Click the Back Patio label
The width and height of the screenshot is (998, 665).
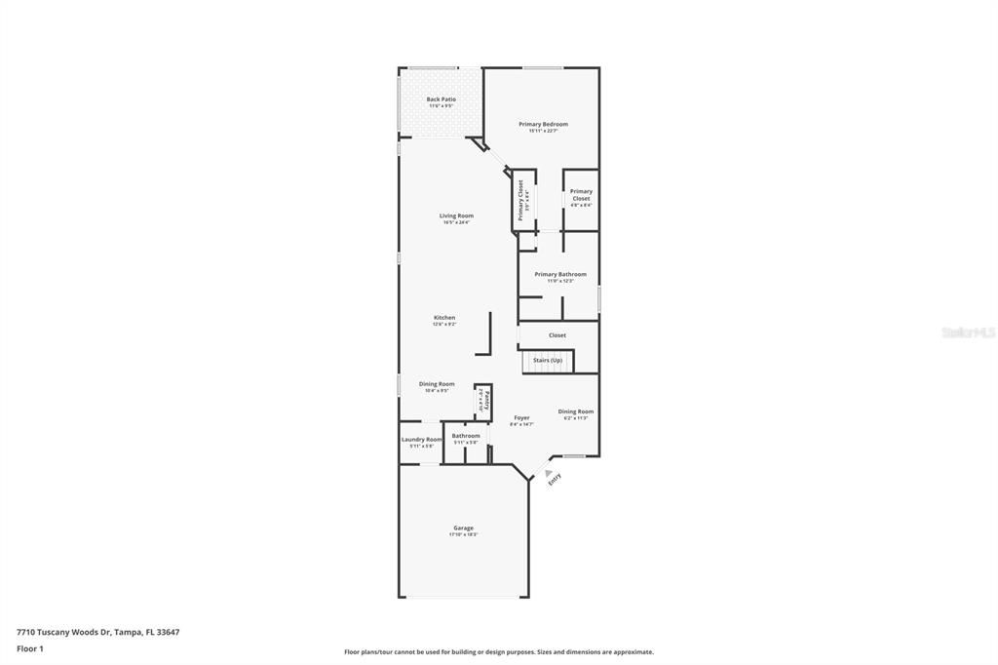click(x=441, y=99)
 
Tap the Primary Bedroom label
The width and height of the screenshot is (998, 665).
click(x=543, y=125)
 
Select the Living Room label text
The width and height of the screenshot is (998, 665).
click(x=456, y=215)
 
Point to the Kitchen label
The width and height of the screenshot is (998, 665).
click(x=444, y=318)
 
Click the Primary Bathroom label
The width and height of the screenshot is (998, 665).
click(x=560, y=275)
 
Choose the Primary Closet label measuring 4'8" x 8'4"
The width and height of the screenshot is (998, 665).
click(x=581, y=195)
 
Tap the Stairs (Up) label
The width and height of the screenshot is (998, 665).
click(x=547, y=361)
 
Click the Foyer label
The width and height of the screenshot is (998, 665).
click(x=522, y=418)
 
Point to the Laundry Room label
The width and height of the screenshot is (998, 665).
click(x=421, y=440)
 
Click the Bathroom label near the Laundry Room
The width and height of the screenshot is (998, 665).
click(x=466, y=436)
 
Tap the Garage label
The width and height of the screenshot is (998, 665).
click(x=463, y=528)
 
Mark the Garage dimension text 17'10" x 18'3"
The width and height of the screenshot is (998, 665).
click(x=463, y=535)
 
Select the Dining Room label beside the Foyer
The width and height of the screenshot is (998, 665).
click(x=575, y=411)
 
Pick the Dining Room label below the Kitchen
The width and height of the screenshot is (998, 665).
click(x=437, y=384)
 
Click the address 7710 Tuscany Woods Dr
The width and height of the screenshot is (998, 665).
click(x=97, y=632)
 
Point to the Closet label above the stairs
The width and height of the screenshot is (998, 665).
click(x=557, y=335)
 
